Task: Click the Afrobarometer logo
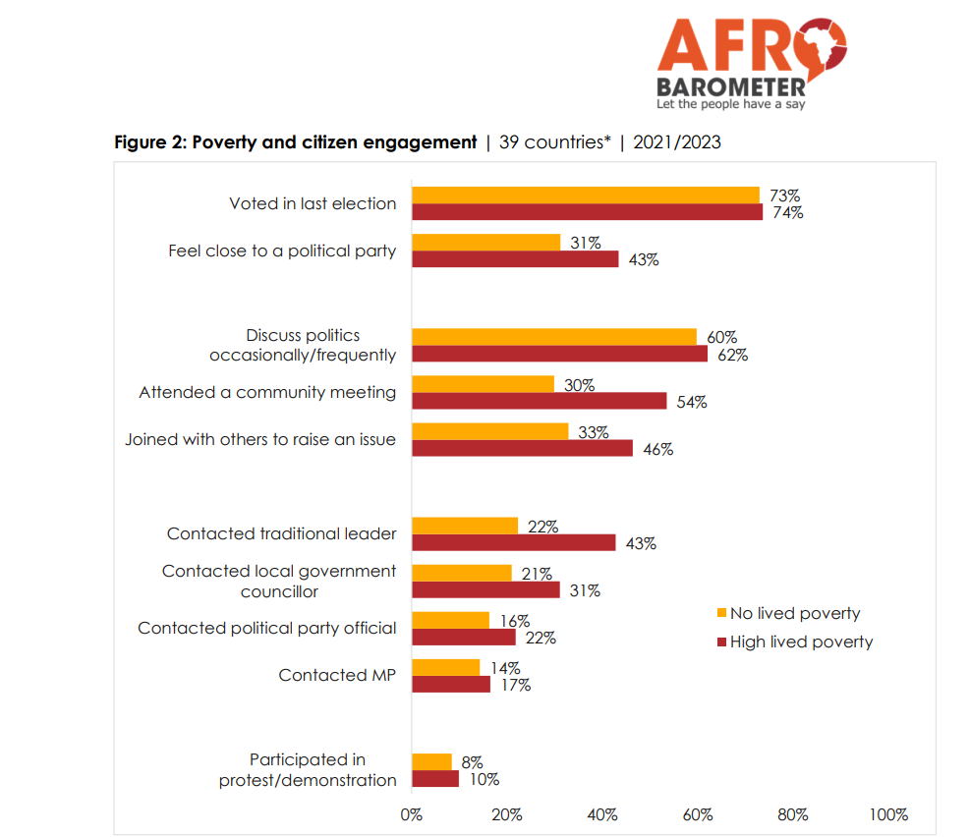[751, 62]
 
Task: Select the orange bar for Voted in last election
[585, 195]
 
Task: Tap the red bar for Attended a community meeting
[539, 401]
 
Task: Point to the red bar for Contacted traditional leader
[513, 542]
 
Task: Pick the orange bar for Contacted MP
[445, 668]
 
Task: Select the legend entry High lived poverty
[800, 642]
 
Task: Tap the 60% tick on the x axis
[697, 814]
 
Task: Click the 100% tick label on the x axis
[887, 814]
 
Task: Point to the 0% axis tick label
[411, 814]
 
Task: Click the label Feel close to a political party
[282, 251]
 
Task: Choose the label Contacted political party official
[266, 628]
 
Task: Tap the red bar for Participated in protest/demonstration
[434, 779]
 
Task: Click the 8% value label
[472, 761]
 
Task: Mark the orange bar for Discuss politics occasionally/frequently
[553, 337]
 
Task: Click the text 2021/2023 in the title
[677, 142]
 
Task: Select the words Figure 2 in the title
[148, 142]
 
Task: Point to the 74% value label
[787, 213]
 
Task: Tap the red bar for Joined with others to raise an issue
[522, 448]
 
